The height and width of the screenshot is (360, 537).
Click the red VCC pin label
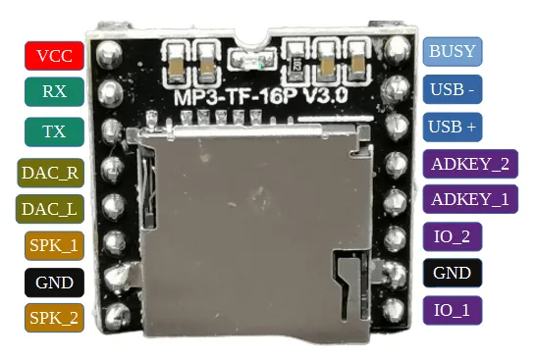55,56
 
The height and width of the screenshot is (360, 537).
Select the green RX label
55,91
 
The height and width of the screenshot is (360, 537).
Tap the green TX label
55,131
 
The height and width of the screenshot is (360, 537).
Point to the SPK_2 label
55,317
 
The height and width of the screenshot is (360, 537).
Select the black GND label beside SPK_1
55,283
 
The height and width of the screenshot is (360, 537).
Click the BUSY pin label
453,51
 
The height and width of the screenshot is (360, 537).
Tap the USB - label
453,89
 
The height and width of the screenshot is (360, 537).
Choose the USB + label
453,127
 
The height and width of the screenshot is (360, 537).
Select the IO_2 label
452,236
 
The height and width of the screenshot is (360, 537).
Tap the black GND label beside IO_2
452,273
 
